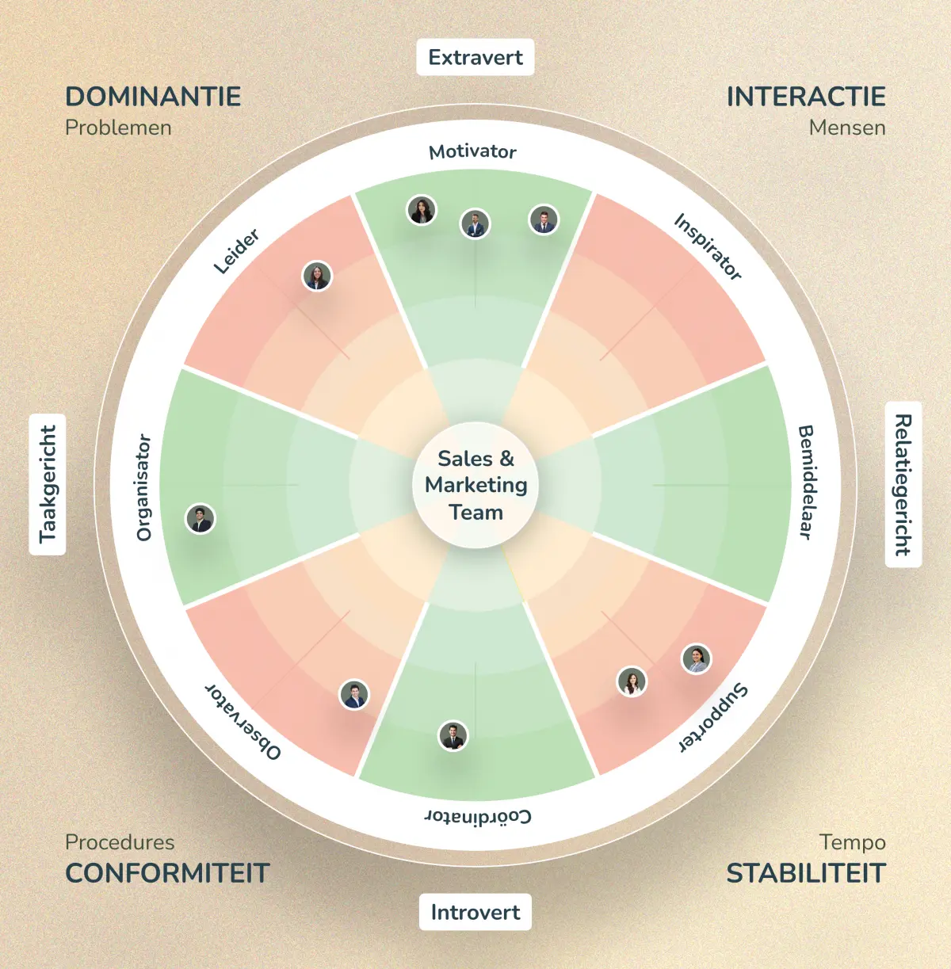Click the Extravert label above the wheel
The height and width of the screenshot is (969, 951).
point(475,58)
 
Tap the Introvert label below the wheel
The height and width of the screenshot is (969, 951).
point(475,912)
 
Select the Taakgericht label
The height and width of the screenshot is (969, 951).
point(48,484)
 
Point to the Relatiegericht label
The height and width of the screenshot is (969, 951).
point(903,485)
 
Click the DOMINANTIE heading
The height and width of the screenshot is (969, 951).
point(153,97)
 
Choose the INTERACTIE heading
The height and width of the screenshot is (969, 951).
point(806,97)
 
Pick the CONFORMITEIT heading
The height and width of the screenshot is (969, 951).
point(167,873)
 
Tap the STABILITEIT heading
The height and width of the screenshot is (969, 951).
point(806,873)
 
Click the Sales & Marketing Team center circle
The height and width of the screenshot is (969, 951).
point(475,485)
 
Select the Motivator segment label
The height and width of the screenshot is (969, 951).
point(473,151)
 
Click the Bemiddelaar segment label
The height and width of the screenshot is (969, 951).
point(806,482)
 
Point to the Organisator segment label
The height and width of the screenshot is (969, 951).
point(143,487)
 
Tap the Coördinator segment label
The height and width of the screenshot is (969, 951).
point(478,816)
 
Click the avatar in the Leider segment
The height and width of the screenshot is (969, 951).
point(317,277)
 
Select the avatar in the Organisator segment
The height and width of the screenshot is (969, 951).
point(201,520)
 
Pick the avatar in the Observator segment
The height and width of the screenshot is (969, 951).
point(354,695)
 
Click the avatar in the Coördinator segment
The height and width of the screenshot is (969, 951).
point(453,736)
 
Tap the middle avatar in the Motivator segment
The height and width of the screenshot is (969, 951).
point(475,224)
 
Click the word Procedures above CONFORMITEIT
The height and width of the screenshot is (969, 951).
point(120,841)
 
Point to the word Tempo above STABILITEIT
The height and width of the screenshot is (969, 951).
point(853,841)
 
